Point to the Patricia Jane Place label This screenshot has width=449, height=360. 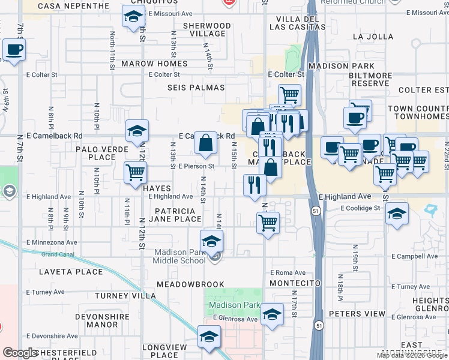175,215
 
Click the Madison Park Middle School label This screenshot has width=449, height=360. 180,256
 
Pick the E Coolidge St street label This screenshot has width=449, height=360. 360,208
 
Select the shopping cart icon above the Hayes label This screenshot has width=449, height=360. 135,173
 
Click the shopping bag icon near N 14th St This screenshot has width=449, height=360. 205,143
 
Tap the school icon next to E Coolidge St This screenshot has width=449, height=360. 396,214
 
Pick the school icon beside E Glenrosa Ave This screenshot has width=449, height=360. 272,314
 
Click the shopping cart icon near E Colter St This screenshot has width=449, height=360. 289,94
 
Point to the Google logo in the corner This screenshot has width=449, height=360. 20,353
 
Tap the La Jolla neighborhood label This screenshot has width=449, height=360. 372,37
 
